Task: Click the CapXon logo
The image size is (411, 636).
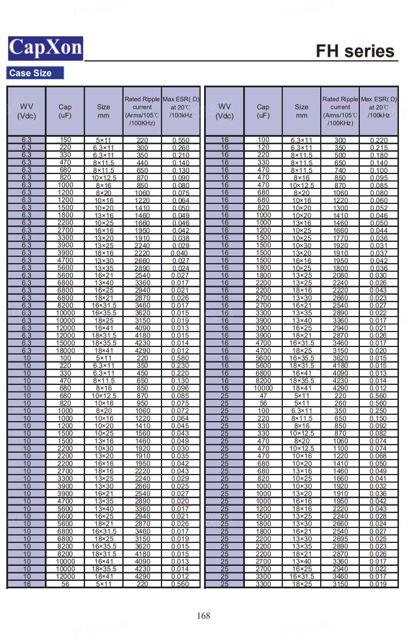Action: click(45, 48)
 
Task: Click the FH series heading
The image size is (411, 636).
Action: click(355, 52)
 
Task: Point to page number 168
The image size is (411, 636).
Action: click(203, 616)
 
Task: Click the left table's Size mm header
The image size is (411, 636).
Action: click(103, 111)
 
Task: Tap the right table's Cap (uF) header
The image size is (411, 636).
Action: click(263, 111)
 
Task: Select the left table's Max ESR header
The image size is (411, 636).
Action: click(181, 107)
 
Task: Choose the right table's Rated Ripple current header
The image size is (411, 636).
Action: click(340, 111)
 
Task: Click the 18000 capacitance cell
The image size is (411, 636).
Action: click(65, 350)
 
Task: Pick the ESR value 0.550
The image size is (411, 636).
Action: click(181, 140)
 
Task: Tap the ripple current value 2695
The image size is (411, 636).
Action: click(340, 539)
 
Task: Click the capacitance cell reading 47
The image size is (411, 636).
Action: click(263, 396)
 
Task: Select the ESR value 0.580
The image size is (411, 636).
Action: click(181, 358)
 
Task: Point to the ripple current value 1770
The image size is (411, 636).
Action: click(340, 238)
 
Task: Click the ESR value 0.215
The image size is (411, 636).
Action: click(379, 148)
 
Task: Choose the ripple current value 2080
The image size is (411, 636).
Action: click(340, 275)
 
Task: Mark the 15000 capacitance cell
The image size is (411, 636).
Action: click(65, 343)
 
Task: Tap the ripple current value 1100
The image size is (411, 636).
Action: click(340, 449)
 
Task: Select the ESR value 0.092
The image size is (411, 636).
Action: click(379, 426)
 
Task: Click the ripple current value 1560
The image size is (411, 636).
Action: click(143, 433)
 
